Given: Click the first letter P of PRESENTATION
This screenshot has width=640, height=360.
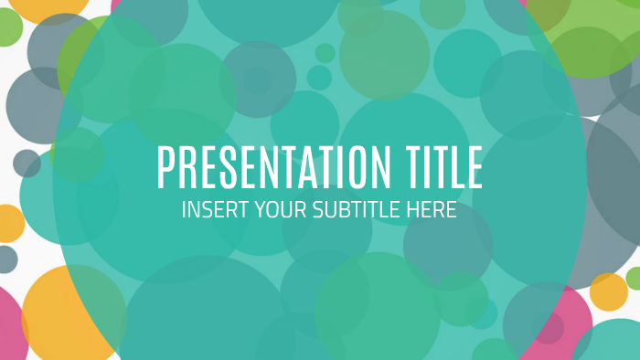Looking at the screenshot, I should pos(165,168).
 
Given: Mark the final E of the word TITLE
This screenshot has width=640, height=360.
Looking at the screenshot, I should pos(475,168).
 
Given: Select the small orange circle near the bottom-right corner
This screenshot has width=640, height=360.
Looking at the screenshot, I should pos(609,291).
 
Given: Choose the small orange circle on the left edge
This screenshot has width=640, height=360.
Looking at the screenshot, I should pos(8,223).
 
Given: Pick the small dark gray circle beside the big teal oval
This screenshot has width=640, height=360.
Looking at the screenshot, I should pos(27,164).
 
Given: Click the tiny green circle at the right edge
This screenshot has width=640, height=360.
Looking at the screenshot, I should pos(634,278).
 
